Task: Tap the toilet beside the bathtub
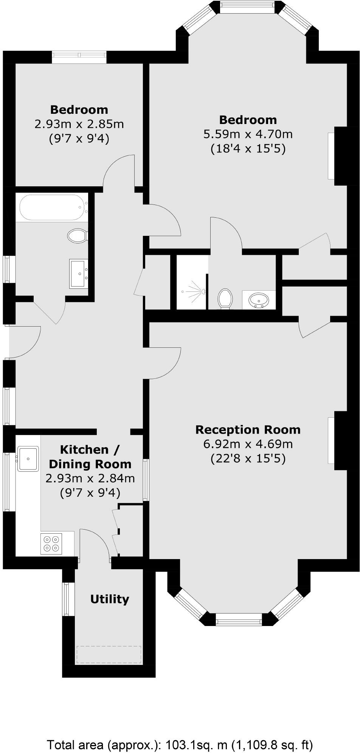point(78,236)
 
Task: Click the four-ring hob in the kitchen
point(51,544)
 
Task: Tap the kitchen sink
point(28,459)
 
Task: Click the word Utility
point(110,599)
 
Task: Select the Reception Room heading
point(248,429)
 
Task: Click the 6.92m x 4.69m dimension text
point(248,444)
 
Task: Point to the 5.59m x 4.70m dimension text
point(248,134)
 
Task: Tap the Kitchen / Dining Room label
point(90,457)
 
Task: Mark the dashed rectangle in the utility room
point(109,655)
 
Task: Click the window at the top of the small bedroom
point(79,57)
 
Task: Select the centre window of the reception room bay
point(239,620)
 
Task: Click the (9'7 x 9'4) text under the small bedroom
point(79,139)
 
